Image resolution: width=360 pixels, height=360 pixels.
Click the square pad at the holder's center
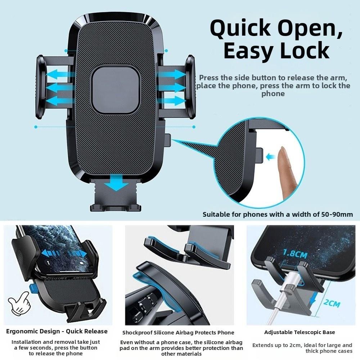coord(115,90)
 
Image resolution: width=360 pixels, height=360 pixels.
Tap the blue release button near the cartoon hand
coord(32,288)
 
